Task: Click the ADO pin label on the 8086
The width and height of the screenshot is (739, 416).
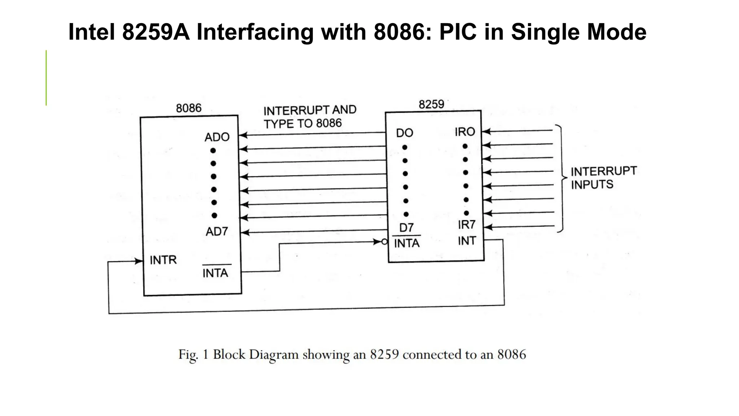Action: (x=217, y=137)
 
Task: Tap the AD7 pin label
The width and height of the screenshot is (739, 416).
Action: (x=217, y=231)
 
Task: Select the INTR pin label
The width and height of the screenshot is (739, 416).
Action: (x=163, y=260)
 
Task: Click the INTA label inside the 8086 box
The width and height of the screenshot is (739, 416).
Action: (x=215, y=273)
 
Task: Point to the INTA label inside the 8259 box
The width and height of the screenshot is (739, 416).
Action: (x=407, y=243)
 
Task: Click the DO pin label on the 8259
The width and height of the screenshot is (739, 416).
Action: (x=404, y=133)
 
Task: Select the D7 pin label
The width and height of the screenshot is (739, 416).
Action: (x=406, y=228)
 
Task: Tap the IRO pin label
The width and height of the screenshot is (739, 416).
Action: (x=465, y=132)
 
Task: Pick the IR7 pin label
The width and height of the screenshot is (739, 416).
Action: (x=467, y=225)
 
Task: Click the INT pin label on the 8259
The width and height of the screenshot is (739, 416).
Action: (x=467, y=241)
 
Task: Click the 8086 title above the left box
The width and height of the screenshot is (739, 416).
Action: (x=189, y=108)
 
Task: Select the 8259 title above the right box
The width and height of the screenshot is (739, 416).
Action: (x=431, y=104)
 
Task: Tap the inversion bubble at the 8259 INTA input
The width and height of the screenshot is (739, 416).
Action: (x=385, y=242)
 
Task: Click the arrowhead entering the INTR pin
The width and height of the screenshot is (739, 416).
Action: (x=139, y=261)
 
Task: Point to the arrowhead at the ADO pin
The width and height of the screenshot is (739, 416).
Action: (x=243, y=135)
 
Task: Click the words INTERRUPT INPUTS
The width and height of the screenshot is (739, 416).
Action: (x=603, y=178)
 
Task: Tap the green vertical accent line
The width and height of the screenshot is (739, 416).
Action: (x=46, y=78)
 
